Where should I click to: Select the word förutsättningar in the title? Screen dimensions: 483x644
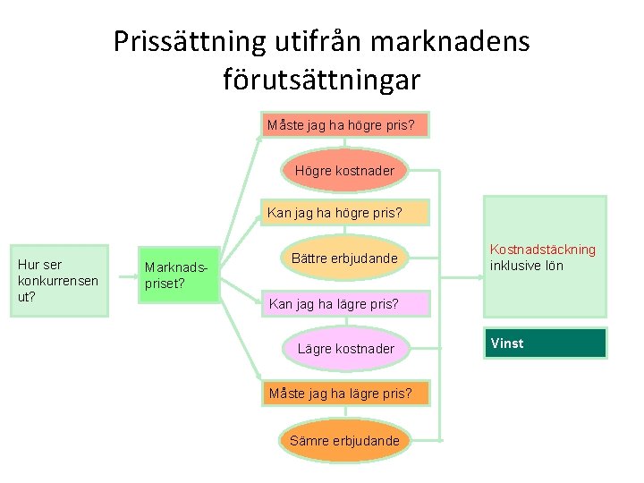click(322, 80)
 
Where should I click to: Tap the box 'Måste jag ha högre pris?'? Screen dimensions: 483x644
click(341, 125)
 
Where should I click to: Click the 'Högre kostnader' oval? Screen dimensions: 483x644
click(344, 170)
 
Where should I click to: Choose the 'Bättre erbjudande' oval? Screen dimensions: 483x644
click(344, 258)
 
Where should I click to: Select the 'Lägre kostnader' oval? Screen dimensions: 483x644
click(345, 348)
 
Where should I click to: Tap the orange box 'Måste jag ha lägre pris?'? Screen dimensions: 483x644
click(340, 393)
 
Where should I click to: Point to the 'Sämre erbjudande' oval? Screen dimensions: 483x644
click(344, 440)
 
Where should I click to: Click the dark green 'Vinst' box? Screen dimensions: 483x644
click(546, 343)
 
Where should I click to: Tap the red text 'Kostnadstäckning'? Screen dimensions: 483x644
click(542, 250)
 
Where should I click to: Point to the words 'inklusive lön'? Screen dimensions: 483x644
click(527, 266)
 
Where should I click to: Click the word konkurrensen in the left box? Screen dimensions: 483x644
click(58, 281)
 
